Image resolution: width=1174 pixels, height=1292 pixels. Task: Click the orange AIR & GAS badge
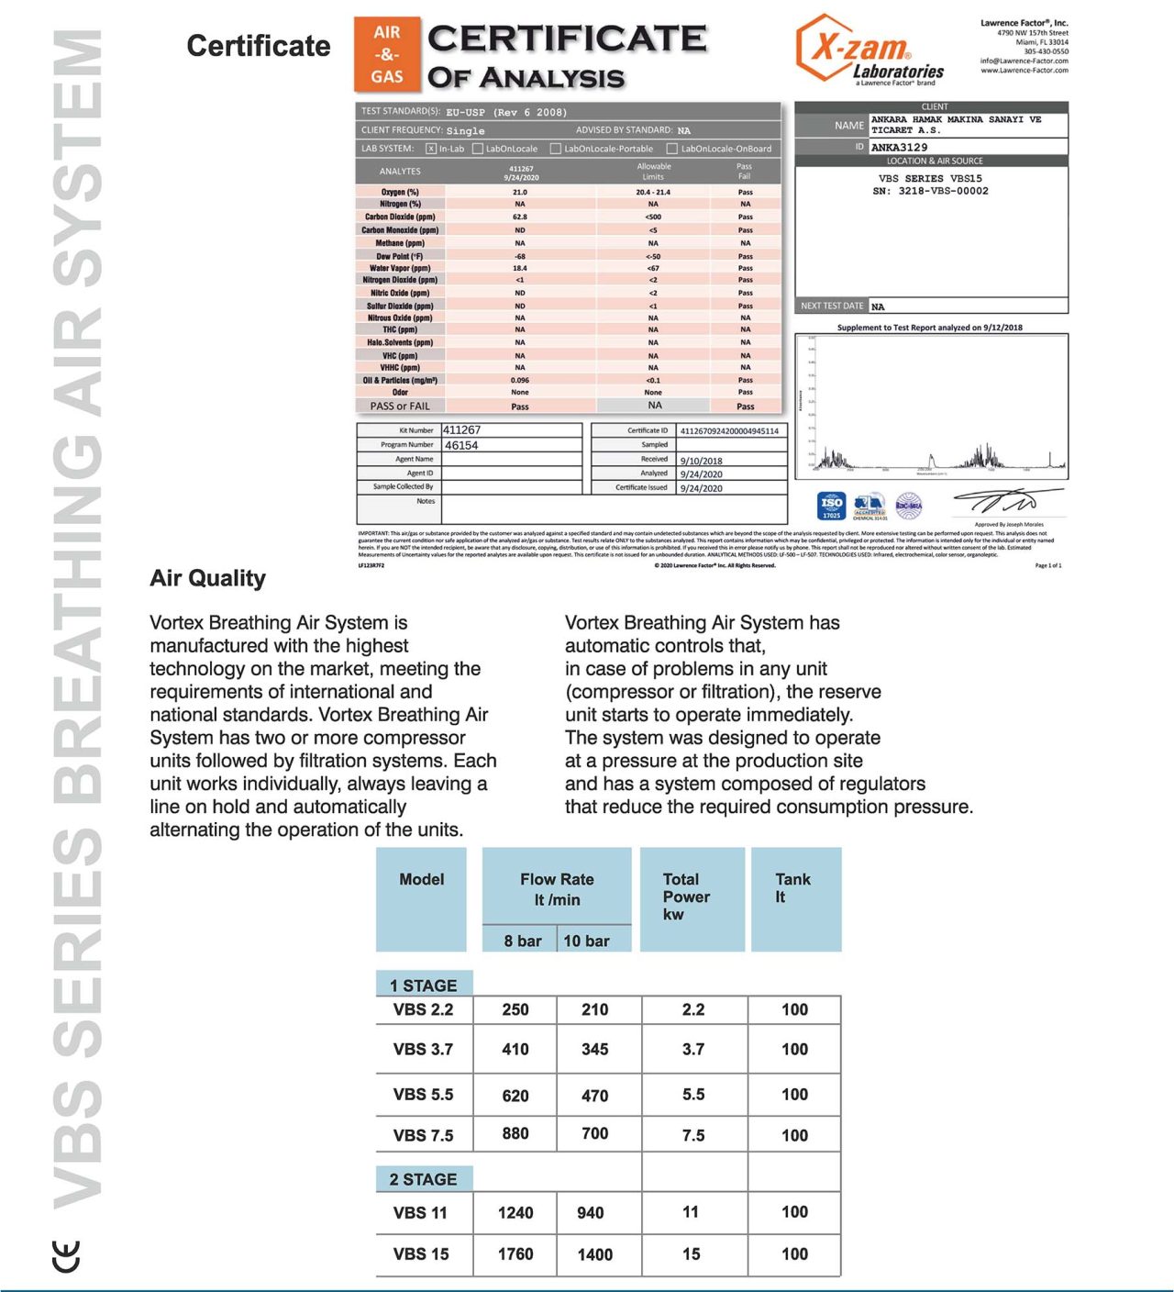click(x=387, y=54)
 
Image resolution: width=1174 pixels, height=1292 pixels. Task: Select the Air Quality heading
click(x=207, y=578)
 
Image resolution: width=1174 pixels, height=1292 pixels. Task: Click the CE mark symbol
click(x=67, y=1255)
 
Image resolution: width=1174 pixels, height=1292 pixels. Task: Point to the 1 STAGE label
click(x=424, y=985)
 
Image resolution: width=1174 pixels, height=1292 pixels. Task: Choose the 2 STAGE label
click(x=424, y=1179)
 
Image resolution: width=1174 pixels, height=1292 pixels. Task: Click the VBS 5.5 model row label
click(x=423, y=1095)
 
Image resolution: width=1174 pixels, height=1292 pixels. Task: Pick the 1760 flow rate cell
click(x=515, y=1254)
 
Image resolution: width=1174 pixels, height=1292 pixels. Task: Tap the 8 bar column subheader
click(x=522, y=941)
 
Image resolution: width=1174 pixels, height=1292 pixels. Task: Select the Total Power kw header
click(x=686, y=897)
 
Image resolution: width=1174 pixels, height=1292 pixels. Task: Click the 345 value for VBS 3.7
click(x=594, y=1049)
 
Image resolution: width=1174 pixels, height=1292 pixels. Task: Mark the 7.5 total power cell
click(x=693, y=1135)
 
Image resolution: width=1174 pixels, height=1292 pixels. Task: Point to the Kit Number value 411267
click(x=462, y=429)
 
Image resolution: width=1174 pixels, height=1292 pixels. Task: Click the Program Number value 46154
click(x=461, y=445)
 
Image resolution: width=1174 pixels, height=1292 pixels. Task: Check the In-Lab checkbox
click(x=431, y=149)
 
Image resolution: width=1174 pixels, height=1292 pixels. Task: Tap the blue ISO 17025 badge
click(x=831, y=506)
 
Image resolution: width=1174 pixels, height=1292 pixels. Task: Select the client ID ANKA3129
click(x=899, y=147)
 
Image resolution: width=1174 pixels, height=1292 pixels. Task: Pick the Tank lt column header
click(x=792, y=887)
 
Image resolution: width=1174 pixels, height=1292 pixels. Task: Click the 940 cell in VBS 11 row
click(x=591, y=1213)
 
